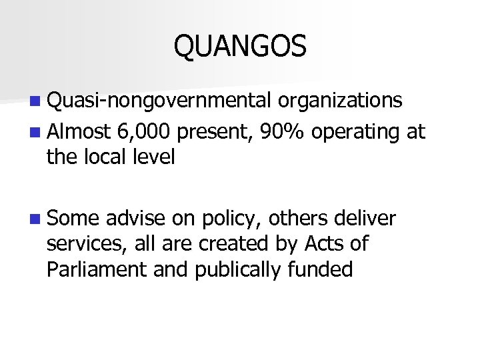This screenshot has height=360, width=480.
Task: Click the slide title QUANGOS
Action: point(240,47)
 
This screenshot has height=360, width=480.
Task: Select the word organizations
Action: point(341,100)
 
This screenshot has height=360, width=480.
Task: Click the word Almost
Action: point(78,132)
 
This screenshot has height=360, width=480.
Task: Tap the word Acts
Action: point(322,244)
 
